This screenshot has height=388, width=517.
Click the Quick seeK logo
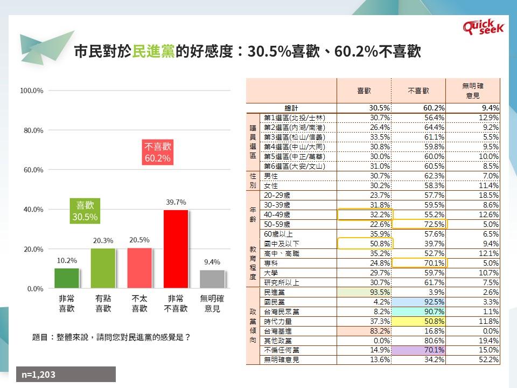point(484,27)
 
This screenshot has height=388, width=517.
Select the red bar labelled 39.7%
point(176,249)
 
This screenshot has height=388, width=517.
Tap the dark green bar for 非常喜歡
point(67,279)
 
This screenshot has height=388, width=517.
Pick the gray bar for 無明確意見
point(212,280)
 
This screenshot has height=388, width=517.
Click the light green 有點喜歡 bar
point(103,268)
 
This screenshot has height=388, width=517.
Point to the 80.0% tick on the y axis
point(33,130)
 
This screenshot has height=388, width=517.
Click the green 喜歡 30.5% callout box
point(85,211)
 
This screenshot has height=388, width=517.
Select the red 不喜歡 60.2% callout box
point(158,152)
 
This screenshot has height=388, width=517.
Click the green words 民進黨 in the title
point(153,51)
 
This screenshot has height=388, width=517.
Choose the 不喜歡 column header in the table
point(418,91)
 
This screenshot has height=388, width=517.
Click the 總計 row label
point(291,108)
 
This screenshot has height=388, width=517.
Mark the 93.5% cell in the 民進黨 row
point(364,292)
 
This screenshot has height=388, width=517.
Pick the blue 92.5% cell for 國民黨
point(418,302)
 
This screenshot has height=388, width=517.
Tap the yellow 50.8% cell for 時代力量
point(418,321)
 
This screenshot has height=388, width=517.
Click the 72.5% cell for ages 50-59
point(419,224)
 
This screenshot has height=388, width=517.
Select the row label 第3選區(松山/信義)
point(295,137)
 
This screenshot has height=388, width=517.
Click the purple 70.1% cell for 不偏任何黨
point(418,350)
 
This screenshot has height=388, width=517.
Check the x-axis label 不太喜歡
point(139,303)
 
